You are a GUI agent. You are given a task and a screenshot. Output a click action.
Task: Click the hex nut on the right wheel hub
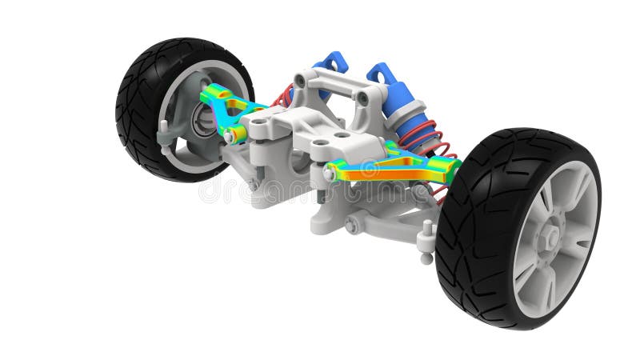(x=550, y=238)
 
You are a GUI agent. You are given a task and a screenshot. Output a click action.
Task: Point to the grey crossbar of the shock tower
(x=332, y=80)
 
